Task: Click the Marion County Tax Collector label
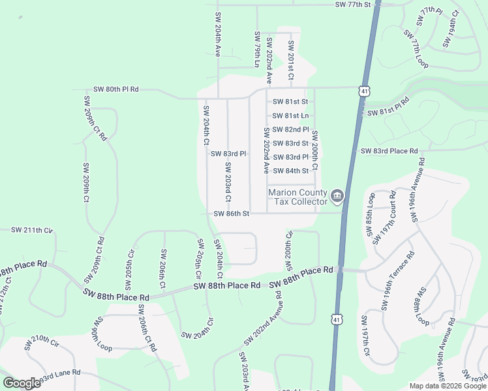pos(297,197)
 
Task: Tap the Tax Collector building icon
pos(337,195)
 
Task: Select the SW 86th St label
pos(232,214)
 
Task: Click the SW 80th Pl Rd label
pos(116,89)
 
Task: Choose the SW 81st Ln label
pos(290,115)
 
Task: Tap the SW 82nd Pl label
pos(290,130)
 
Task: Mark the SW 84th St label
pos(290,171)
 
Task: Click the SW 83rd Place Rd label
pos(389,151)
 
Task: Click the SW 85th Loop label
pos(370,209)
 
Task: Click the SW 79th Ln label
pos(258,50)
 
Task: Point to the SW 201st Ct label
pos(291,61)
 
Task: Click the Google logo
pos(22,383)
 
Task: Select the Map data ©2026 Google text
pos(448,386)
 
